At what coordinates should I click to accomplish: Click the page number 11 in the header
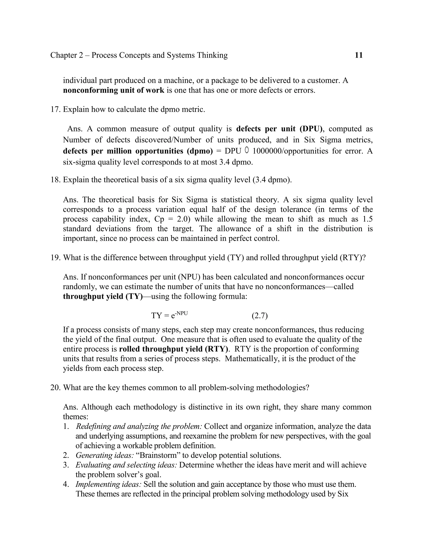[x=359, y=55]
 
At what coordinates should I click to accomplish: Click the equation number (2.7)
[x=260, y=316]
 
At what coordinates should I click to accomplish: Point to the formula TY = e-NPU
[x=169, y=315]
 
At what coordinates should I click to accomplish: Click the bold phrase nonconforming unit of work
[x=114, y=90]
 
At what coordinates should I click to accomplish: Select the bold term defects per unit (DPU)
[x=279, y=129]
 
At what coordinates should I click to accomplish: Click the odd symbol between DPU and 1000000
[x=247, y=151]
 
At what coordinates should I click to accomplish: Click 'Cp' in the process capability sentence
[x=159, y=219]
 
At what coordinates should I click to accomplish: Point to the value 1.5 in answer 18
[x=367, y=219]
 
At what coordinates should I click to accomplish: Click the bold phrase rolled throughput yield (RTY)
[x=173, y=349]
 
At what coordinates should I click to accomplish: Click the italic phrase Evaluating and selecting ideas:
[x=126, y=465]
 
